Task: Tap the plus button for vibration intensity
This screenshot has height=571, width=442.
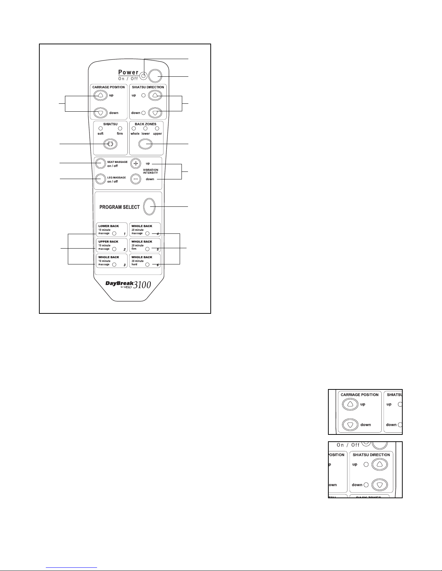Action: [135, 163]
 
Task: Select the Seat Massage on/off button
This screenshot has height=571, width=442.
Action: [100, 164]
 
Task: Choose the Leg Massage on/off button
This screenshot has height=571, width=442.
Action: [100, 179]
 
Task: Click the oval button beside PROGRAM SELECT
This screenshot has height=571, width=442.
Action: [149, 207]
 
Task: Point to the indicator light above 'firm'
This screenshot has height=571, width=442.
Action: [120, 129]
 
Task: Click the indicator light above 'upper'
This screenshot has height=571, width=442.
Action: [157, 129]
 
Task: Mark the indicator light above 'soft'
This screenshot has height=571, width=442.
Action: [101, 129]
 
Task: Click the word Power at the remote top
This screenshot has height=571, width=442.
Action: [128, 72]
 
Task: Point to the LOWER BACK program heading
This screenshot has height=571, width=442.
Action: [109, 226]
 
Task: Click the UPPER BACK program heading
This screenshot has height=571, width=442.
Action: [109, 242]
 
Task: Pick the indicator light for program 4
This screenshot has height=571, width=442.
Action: [147, 233]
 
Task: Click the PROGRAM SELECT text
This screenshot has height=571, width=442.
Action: [119, 207]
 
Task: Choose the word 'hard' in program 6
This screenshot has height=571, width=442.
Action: [135, 264]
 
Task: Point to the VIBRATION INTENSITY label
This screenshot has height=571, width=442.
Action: [150, 171]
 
